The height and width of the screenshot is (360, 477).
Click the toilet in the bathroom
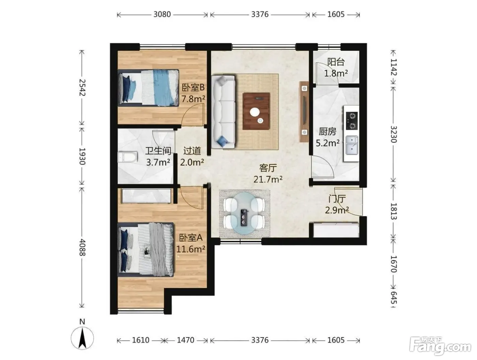127,157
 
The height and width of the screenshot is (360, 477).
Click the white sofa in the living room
223,112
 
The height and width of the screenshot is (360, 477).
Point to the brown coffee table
256,111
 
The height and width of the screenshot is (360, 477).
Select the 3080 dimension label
162,14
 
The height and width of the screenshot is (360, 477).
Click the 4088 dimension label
82,247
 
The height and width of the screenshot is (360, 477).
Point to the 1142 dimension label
394,67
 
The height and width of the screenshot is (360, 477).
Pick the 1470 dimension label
185,340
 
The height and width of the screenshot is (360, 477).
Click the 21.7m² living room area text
268,179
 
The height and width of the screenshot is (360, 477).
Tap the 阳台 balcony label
336,62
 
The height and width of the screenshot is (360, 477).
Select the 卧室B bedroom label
193,88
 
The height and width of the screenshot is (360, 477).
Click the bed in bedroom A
145,250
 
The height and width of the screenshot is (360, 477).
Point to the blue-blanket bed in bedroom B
149,88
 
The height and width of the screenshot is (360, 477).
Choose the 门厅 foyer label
337,199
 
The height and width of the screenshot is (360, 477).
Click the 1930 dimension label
82,156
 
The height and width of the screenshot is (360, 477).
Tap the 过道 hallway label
192,151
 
